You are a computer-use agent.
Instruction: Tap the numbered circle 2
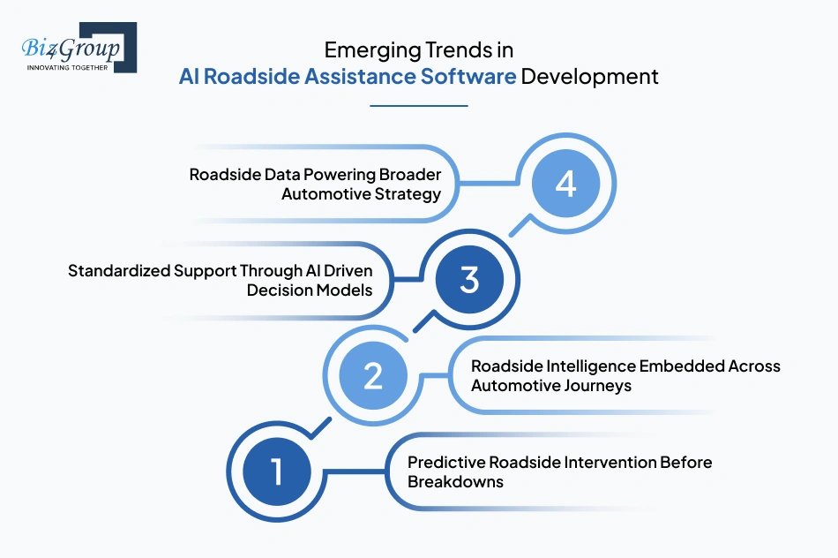pyautogui.click(x=373, y=375)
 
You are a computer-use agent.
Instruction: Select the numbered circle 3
pyautogui.click(x=469, y=280)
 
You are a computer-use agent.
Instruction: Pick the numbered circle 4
pyautogui.click(x=565, y=185)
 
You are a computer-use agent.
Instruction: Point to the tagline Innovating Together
pyautogui.click(x=67, y=66)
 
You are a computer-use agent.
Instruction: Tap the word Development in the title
pyautogui.click(x=589, y=77)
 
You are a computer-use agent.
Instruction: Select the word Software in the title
pyautogui.click(x=469, y=77)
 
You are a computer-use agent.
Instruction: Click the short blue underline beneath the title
pyautogui.click(x=418, y=106)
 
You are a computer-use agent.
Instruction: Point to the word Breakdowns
pyautogui.click(x=455, y=482)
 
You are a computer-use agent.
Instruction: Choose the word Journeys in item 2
pyautogui.click(x=600, y=385)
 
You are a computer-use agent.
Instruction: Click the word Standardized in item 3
pyautogui.click(x=119, y=270)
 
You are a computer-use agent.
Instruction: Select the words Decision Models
pyautogui.click(x=311, y=290)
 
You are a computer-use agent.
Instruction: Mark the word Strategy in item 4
pyautogui.click(x=408, y=194)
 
